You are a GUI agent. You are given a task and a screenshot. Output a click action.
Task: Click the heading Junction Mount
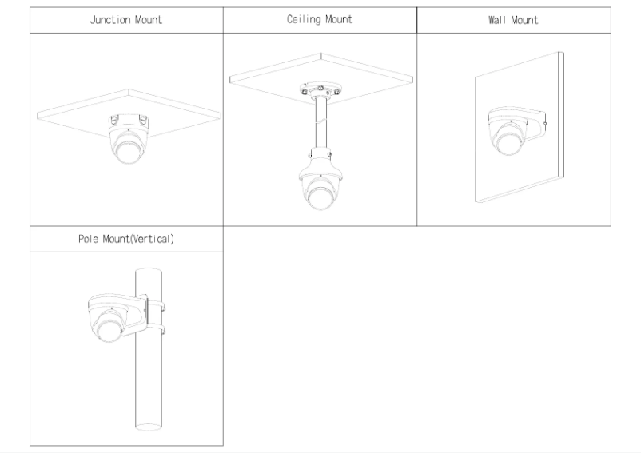point(126,20)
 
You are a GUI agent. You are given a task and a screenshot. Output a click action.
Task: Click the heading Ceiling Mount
point(320,20)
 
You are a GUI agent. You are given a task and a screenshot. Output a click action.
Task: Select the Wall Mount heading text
point(513,20)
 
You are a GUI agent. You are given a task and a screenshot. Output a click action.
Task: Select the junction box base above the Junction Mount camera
point(128,121)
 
